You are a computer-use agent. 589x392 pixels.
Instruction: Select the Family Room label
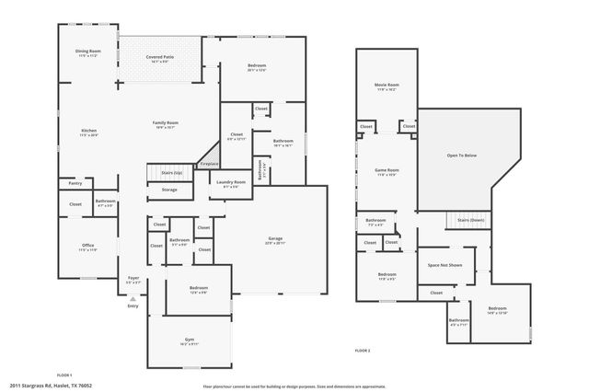coord(166,124)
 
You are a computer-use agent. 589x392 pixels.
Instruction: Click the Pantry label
coord(75,183)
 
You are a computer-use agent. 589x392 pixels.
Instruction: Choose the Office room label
coord(87,247)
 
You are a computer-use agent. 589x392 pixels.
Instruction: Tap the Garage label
coord(275,241)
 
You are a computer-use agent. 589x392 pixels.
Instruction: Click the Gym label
coord(189,340)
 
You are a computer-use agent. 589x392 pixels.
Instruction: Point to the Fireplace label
coord(210,164)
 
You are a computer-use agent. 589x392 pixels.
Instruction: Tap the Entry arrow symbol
coord(133,300)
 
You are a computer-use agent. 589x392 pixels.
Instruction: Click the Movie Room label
coord(386,86)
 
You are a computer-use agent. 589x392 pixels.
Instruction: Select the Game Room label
coord(386,171)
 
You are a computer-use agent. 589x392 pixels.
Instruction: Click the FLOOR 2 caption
coord(363,351)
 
